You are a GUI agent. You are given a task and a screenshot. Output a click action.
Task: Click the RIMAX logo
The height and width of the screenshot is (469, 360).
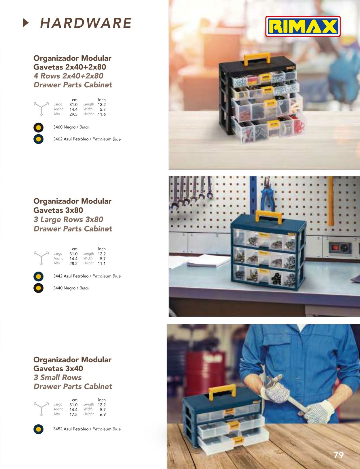click(x=303, y=26)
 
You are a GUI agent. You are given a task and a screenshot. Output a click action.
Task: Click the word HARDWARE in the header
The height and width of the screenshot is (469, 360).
click(x=86, y=23)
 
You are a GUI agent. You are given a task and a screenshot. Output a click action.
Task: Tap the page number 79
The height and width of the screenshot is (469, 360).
click(x=339, y=455)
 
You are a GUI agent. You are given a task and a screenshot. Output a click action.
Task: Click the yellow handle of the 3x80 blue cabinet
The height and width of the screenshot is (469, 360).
click(x=268, y=217)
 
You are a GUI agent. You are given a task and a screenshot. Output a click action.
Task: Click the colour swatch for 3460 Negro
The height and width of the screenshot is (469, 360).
click(x=38, y=128)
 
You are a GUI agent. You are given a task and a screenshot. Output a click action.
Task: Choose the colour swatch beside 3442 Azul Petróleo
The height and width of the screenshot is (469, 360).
click(x=38, y=276)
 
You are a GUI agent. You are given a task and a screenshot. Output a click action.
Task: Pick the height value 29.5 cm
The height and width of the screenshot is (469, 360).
click(x=73, y=114)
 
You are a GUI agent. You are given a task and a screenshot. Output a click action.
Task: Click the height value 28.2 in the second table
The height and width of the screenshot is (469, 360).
click(x=73, y=263)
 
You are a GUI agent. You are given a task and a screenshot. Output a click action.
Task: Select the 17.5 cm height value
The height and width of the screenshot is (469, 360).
click(x=73, y=415)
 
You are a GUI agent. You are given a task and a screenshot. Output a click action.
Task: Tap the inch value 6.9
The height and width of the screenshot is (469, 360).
click(x=103, y=415)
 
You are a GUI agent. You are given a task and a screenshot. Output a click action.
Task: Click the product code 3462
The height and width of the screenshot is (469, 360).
click(x=58, y=139)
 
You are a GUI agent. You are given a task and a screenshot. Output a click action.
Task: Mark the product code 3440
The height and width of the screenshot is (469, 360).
click(x=58, y=288)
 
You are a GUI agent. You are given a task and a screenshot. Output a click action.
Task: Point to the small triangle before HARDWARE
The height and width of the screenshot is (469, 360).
click(x=26, y=23)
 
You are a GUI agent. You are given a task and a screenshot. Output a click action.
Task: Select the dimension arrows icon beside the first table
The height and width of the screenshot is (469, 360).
click(x=41, y=109)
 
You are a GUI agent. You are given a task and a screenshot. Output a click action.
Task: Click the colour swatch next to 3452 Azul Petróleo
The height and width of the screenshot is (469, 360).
click(x=38, y=429)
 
